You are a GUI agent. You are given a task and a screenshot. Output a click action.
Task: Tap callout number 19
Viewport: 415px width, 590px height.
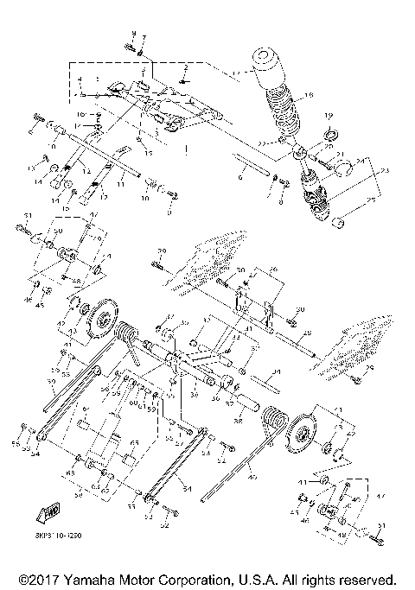click(329, 115)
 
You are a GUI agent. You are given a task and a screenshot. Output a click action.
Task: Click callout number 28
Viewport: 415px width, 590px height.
click(307, 333)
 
